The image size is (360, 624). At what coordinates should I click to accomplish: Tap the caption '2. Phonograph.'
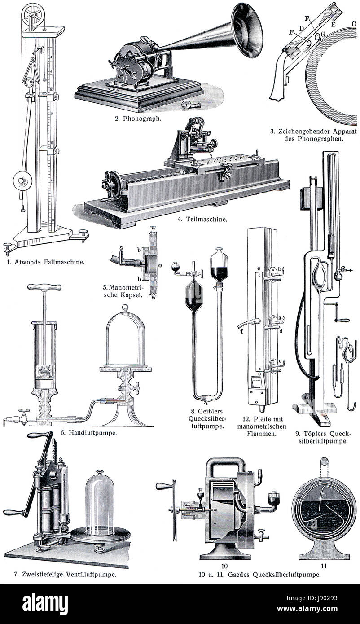pos(138,119)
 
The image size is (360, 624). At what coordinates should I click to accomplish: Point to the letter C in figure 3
pos(353,24)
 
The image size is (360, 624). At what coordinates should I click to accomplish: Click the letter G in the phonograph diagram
pos(323,34)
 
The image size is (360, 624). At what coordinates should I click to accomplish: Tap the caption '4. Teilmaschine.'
pos(202,219)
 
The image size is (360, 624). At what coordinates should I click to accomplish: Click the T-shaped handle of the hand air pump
pos(44,287)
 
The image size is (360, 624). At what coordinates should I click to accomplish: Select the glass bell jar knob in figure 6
pos(125,308)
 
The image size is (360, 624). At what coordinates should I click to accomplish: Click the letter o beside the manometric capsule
pos(160,265)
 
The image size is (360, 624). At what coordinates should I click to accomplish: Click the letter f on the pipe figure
pos(241,331)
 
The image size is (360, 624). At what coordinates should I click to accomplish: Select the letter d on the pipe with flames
pos(281,331)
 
